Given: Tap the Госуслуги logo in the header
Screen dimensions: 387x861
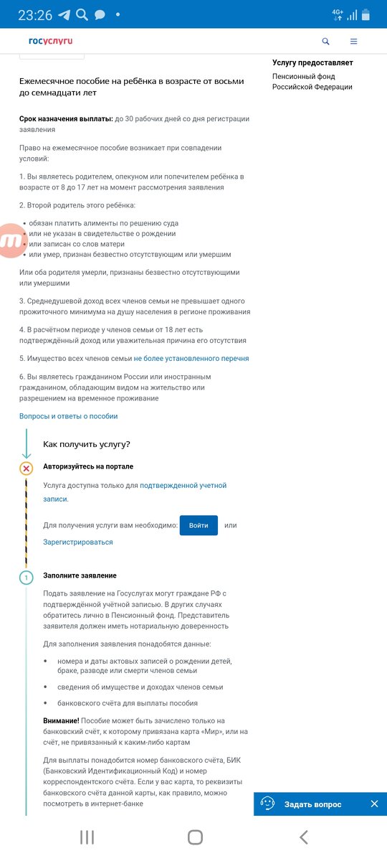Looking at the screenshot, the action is [x=50, y=41].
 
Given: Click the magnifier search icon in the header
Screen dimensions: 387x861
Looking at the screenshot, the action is [x=326, y=42].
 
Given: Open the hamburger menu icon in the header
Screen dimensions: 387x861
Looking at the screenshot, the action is [x=353, y=42].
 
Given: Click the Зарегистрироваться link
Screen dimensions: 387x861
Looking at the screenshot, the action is [x=78, y=542].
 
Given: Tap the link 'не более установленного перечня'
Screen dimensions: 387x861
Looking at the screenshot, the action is [x=191, y=358].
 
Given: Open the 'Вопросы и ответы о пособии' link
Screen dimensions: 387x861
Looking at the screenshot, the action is [x=68, y=416].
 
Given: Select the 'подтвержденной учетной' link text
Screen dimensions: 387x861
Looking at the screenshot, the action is [x=183, y=486].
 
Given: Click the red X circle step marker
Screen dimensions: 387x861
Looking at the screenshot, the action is [x=27, y=469].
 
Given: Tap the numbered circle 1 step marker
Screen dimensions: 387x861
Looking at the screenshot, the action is [x=27, y=578].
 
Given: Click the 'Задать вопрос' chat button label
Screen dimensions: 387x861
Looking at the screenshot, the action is [x=312, y=804].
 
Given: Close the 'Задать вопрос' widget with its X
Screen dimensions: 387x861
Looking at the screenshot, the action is [x=374, y=804].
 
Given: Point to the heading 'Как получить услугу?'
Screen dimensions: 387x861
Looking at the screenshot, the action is [x=86, y=445].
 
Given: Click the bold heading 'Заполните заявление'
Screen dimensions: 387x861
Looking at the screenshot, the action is [x=80, y=575].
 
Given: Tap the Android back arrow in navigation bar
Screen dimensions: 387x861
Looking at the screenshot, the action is [x=304, y=837].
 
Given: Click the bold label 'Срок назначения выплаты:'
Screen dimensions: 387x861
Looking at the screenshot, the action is [x=66, y=118].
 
